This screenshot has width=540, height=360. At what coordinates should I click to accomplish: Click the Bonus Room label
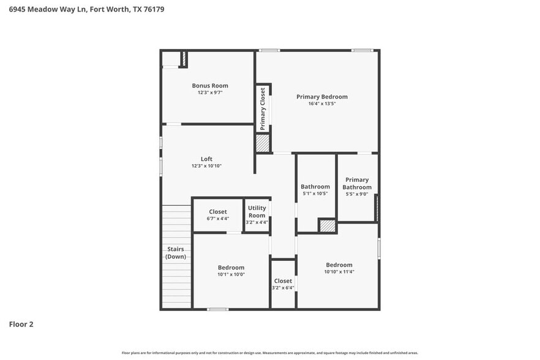click(x=210, y=86)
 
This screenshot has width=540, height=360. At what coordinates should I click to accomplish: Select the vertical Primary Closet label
click(x=263, y=109)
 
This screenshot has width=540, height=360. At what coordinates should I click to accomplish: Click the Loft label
click(x=206, y=159)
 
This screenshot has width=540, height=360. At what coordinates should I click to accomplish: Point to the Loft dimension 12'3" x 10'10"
click(x=206, y=167)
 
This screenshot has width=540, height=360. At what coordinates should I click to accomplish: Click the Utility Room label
click(x=257, y=212)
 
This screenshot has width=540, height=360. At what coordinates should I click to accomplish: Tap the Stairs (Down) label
click(x=176, y=253)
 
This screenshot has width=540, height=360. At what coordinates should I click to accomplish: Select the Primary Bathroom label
click(x=357, y=184)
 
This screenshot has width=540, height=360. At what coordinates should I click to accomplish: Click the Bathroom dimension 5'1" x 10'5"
click(x=315, y=193)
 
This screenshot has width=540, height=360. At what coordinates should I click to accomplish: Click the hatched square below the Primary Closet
click(x=263, y=143)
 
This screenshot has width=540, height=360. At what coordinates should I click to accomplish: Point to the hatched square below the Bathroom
click(x=328, y=226)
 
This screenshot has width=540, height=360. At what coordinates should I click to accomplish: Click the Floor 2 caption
click(x=21, y=324)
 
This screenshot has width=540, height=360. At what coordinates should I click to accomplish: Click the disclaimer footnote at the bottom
click(x=270, y=353)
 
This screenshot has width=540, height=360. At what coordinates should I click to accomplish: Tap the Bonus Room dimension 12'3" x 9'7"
click(x=210, y=93)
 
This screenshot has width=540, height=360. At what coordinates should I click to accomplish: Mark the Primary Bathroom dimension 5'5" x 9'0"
click(x=357, y=195)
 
